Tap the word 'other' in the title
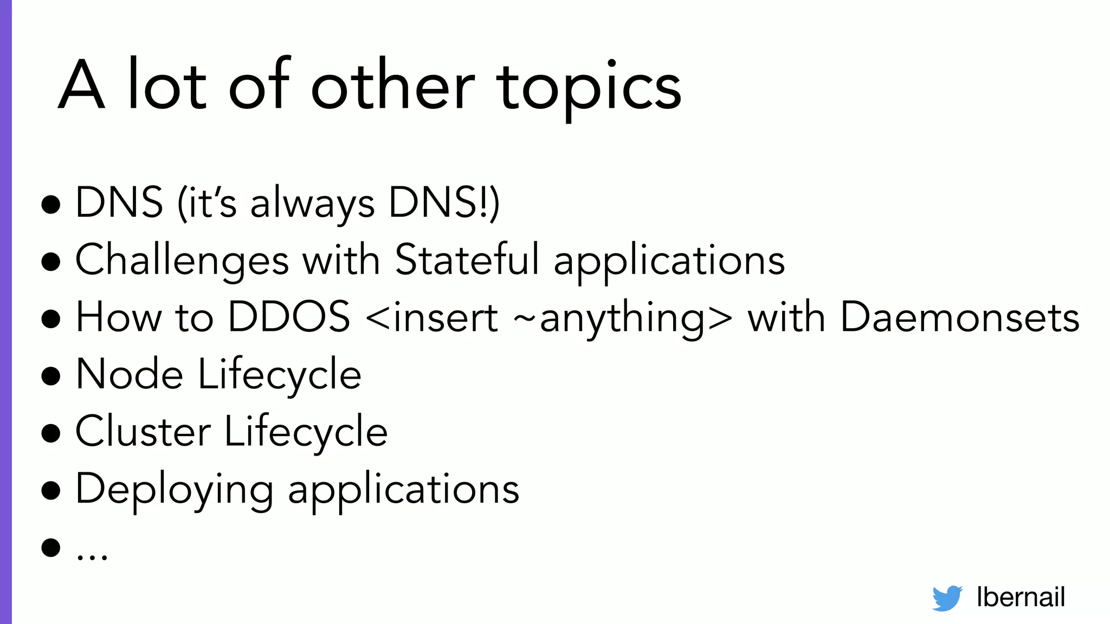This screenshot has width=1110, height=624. pos(392,84)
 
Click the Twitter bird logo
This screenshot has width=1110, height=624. pos(947,598)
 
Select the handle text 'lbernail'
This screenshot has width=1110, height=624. pos(1021,597)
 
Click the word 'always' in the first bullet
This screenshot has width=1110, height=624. pos(312,204)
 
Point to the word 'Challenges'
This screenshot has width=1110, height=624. pos(182,261)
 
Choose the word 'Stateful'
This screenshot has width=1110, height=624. pos(467,259)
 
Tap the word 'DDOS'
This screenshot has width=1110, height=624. pos(289,317)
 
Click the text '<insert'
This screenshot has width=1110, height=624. pos(432,317)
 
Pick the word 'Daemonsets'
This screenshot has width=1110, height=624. pos(960,317)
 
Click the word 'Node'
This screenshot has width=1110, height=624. pos(130,374)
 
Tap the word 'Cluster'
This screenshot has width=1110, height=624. pos(143,432)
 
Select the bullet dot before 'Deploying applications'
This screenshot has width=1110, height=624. pos(51,490)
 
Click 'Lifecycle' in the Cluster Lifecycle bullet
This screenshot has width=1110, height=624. pos(306,433)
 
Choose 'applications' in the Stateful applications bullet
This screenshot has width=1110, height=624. pos(669,262)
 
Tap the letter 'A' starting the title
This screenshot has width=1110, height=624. pos(81,86)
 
